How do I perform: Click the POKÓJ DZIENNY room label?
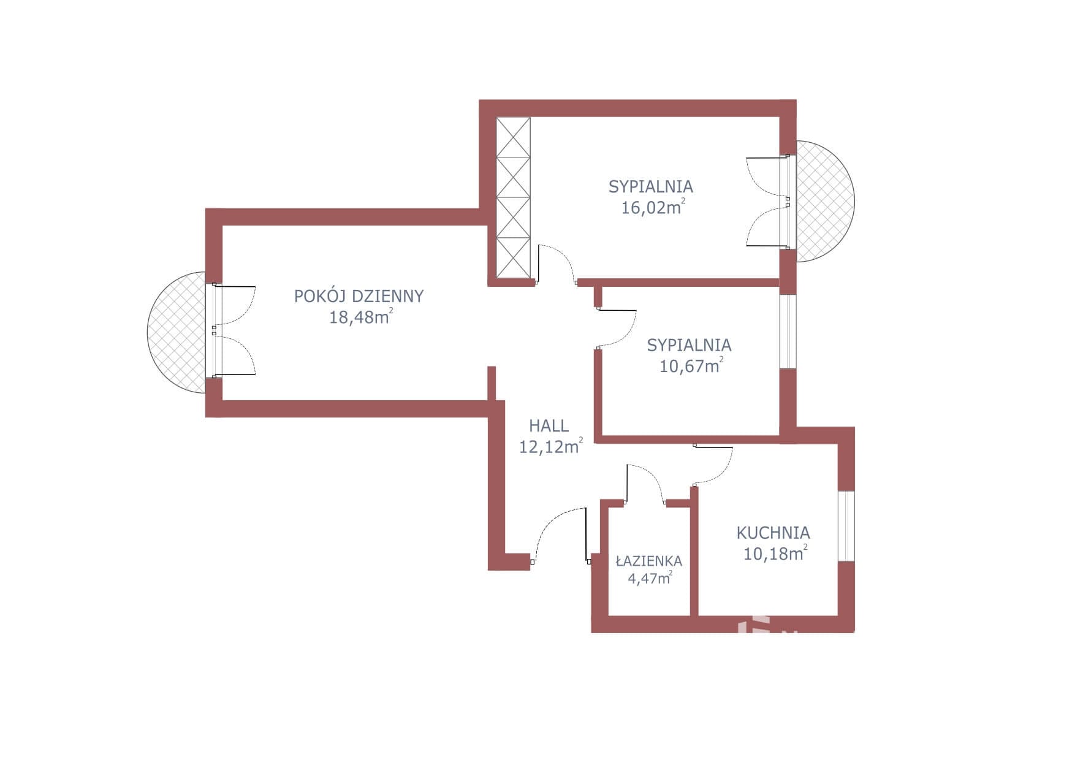359,297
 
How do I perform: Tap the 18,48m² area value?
361,317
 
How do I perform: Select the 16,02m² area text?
653,207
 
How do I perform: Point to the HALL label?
549,425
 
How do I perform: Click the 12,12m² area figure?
550,446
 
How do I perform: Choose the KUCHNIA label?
773,533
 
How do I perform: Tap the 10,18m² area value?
775,553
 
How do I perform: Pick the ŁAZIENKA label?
649,561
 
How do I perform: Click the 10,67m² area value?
691,366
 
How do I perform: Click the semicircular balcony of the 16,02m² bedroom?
825,201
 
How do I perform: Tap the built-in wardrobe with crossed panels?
513,197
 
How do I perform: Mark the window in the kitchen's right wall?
846,526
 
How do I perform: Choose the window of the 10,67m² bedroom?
788,332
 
